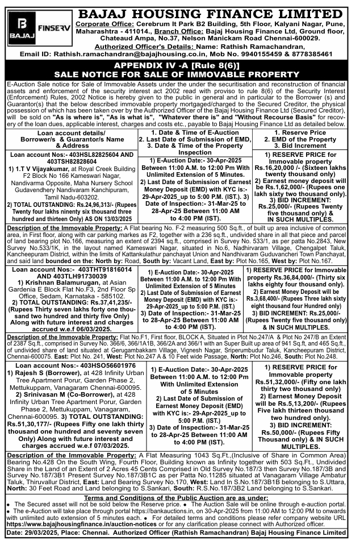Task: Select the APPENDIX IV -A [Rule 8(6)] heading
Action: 180,66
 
